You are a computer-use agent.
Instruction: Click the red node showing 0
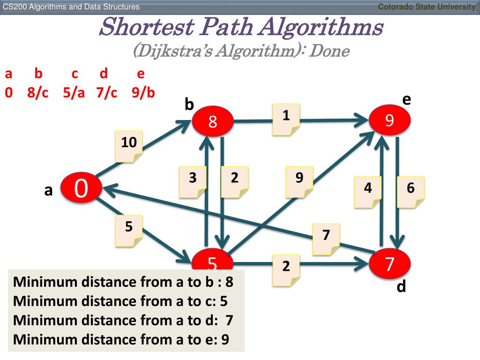tap(80, 188)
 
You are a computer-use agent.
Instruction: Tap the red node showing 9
tap(390, 121)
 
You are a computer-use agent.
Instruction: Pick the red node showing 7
tap(390, 264)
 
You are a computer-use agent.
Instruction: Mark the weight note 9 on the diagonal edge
tap(300, 182)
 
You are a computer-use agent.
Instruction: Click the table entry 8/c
tap(38, 93)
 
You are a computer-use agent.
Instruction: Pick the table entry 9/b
tap(143, 93)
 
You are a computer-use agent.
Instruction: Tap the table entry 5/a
tap(74, 93)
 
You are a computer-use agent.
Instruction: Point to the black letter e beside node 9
tap(406, 99)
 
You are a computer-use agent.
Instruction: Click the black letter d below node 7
tap(401, 286)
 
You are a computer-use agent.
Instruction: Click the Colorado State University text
tap(427, 6)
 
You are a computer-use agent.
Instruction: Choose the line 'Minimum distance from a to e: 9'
tap(121, 339)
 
